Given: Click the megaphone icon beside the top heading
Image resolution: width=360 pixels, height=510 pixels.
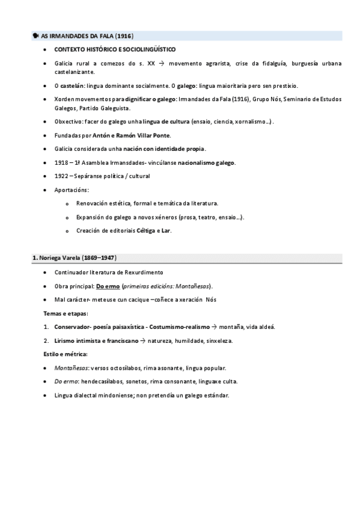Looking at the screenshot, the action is tap(35, 36).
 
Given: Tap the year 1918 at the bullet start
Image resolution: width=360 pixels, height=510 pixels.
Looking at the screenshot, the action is tap(61, 162).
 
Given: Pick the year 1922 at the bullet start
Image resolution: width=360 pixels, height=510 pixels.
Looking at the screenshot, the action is tap(61, 176).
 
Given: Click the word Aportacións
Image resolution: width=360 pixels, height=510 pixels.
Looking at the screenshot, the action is tap(71, 189).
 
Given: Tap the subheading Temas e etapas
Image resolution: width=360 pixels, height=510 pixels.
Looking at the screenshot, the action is tap(66, 313).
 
